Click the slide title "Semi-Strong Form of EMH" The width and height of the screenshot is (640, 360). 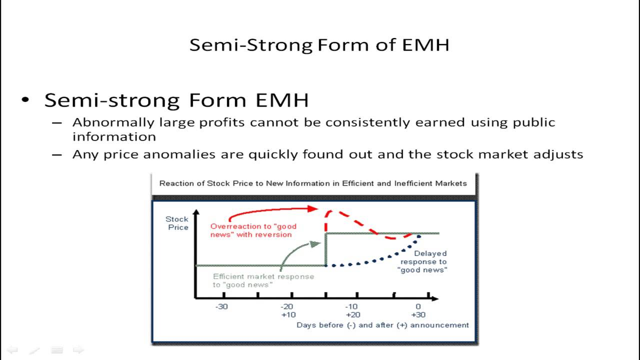click(319, 45)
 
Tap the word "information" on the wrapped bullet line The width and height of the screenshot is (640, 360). click(114, 136)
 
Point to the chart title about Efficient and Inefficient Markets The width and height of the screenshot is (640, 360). click(313, 183)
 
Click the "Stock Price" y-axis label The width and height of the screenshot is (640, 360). click(177, 223)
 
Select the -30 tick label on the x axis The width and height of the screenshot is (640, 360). click(221, 306)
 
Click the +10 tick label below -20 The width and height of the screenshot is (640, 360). click(288, 315)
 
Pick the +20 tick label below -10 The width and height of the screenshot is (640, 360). click(352, 315)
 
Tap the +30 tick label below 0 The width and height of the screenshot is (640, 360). click(418, 315)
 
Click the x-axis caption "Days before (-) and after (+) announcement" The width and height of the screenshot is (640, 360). click(382, 325)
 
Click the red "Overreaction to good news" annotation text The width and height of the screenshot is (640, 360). click(253, 230)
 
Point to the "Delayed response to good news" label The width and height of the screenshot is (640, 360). click(423, 261)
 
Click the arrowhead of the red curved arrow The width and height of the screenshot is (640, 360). click(314, 208)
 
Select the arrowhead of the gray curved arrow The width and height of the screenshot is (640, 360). click(316, 243)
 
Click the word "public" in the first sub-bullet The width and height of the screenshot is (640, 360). click(534, 123)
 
